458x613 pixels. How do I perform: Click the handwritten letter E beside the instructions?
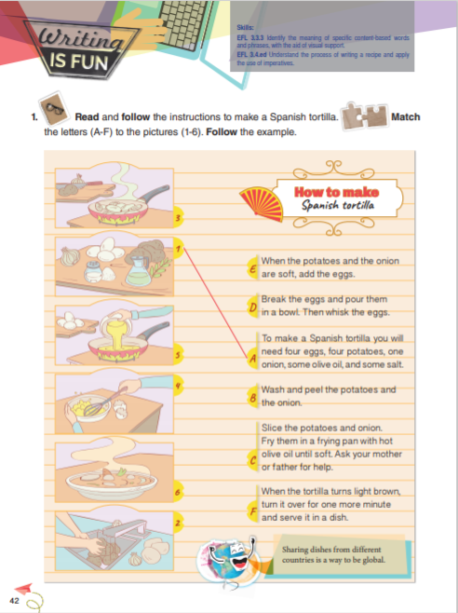(x=251, y=268)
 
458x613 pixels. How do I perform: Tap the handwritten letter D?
(x=251, y=305)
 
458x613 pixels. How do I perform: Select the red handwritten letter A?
(x=250, y=356)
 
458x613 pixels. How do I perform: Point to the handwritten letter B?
(x=251, y=397)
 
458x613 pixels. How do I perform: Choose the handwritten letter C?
(x=251, y=459)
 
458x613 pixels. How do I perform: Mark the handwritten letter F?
(x=251, y=510)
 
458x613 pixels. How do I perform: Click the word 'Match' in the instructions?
(x=408, y=117)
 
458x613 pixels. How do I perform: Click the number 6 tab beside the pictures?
(x=176, y=491)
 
